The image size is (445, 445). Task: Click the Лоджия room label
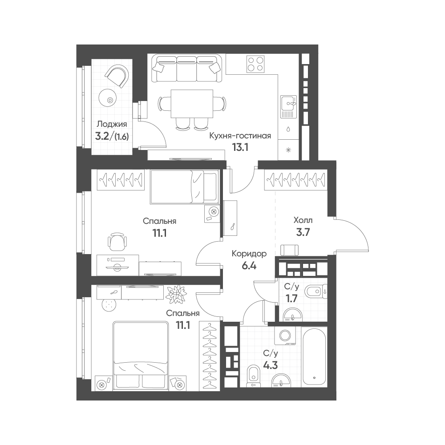pyautogui.click(x=112, y=124)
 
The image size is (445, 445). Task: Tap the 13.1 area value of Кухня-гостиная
pyautogui.click(x=240, y=147)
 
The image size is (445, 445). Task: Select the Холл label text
pyautogui.click(x=303, y=220)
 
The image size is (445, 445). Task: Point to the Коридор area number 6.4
pyautogui.click(x=249, y=266)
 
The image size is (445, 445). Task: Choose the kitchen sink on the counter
pyautogui.click(x=288, y=107)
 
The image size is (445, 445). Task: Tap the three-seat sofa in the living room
pyautogui.click(x=186, y=69)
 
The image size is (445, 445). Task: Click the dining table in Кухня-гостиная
pyautogui.click(x=192, y=104)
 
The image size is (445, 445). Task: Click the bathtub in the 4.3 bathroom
pyautogui.click(x=314, y=356)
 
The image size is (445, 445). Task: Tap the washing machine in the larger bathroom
pyautogui.click(x=284, y=336)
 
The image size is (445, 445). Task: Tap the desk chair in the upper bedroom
pyautogui.click(x=117, y=241)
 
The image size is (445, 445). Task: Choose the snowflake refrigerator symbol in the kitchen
pyautogui.click(x=288, y=150)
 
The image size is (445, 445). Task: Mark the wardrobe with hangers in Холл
pyautogui.click(x=295, y=180)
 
